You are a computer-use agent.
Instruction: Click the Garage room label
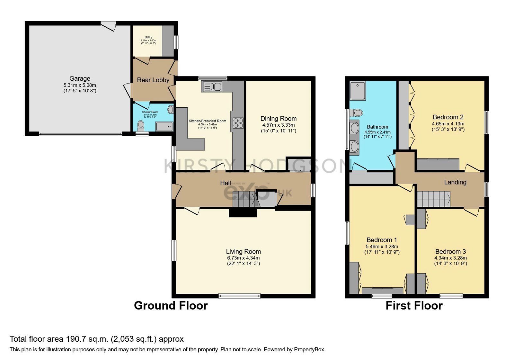pos(80,78)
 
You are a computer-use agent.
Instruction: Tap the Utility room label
pos(148,38)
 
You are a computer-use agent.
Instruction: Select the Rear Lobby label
pos(153,80)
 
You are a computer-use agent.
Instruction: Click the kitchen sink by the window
pos(212,86)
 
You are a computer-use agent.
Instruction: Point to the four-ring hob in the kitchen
pos(238,123)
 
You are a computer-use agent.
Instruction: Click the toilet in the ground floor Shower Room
pos(140,124)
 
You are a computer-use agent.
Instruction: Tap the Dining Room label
pos(278,119)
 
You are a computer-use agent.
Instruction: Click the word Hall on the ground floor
pos(225,183)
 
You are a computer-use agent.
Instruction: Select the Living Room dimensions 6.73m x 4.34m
pos(243,258)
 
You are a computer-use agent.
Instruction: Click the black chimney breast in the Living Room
pos(243,213)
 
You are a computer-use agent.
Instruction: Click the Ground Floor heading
pos(171,305)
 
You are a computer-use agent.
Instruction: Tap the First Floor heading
pos(414,305)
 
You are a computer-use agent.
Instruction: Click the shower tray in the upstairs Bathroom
pos(358,91)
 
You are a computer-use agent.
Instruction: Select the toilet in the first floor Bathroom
pos(356,113)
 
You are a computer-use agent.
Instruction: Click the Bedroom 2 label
pos(448,117)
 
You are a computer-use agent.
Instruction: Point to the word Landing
pos(455,182)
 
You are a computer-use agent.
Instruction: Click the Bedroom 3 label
pos(450,252)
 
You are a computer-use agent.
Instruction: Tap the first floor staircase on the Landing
pos(433,199)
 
